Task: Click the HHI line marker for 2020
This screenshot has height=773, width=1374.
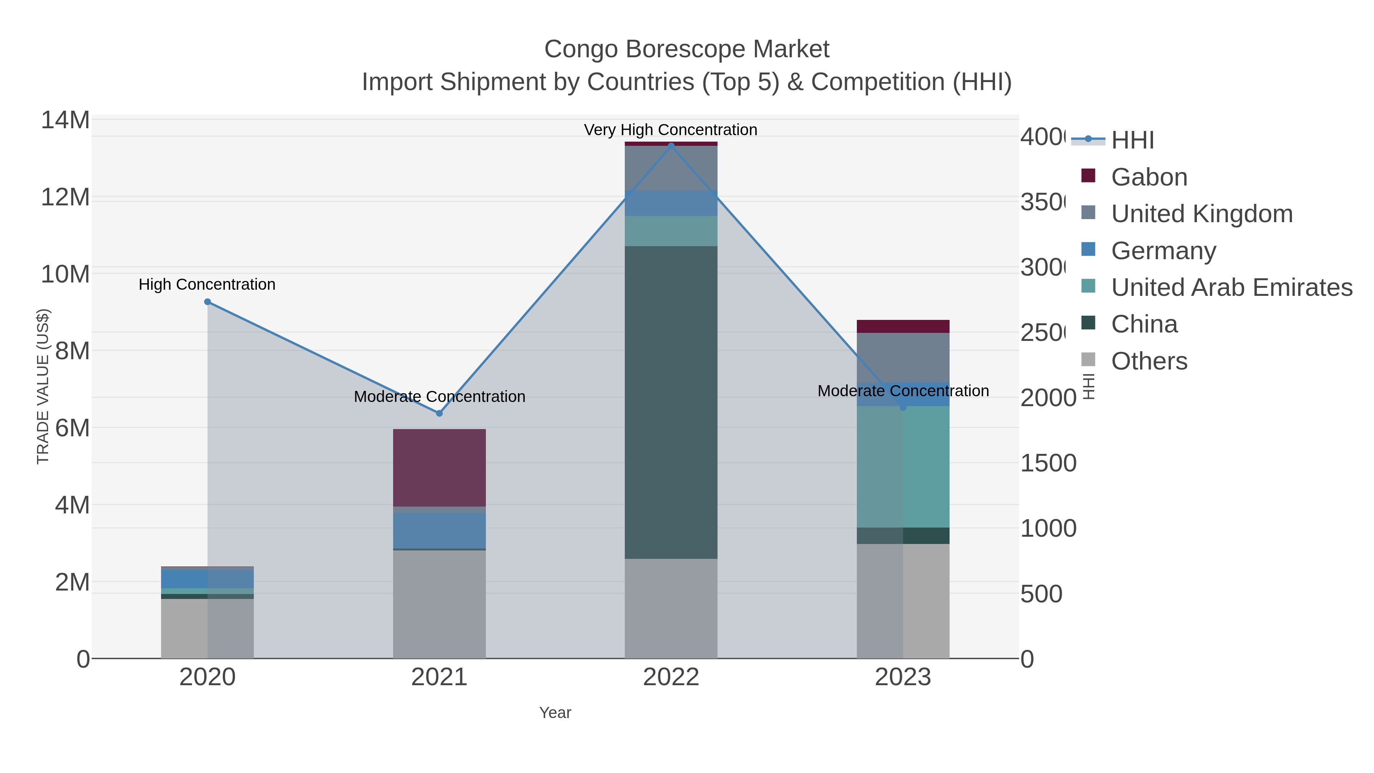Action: (x=208, y=302)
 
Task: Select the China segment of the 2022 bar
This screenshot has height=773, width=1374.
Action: (x=671, y=402)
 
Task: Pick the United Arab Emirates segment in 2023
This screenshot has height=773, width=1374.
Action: (x=903, y=467)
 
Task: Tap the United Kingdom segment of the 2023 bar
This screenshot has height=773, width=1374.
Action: (x=903, y=357)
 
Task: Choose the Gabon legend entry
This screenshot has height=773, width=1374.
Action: (x=1149, y=177)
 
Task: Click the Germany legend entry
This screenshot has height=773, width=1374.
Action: (x=1163, y=251)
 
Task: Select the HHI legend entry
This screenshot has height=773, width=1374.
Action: (x=1132, y=140)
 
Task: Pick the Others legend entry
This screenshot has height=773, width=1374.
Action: (x=1149, y=361)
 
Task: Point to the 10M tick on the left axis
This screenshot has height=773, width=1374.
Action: (x=65, y=274)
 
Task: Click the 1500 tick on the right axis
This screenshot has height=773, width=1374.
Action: (x=1048, y=463)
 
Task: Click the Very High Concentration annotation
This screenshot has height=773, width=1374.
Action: (x=671, y=130)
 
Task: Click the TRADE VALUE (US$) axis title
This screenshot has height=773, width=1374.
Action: (x=43, y=386)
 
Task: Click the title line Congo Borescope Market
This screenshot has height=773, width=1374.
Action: (x=687, y=49)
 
